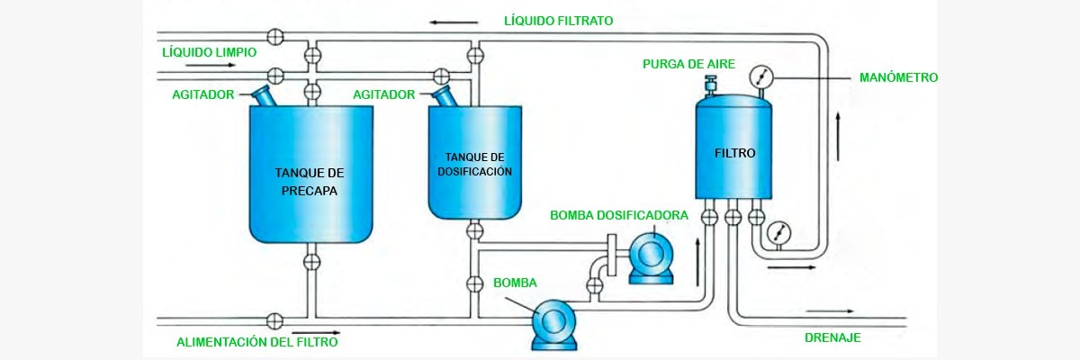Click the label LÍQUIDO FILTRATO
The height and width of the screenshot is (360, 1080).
[559, 20]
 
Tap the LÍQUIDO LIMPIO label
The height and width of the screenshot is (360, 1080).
[209, 52]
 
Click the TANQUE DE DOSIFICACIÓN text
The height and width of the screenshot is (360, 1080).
[474, 164]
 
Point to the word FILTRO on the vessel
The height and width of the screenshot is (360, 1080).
[735, 153]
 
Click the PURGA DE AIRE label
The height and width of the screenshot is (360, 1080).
[688, 65]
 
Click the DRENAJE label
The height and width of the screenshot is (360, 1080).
[832, 337]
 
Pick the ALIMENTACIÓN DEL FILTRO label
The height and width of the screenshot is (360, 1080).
[258, 342]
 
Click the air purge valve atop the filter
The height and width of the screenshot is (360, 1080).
[709, 84]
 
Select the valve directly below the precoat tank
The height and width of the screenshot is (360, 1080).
[311, 262]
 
